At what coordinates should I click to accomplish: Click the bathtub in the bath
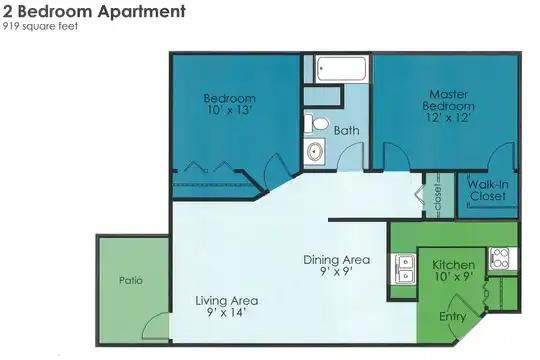[x=341, y=69]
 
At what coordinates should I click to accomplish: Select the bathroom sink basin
[x=314, y=151]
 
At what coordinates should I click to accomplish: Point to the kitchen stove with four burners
[x=501, y=258]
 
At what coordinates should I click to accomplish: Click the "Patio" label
[x=131, y=280]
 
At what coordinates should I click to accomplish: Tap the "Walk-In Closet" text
[x=488, y=190]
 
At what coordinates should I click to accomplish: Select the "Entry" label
[x=453, y=316]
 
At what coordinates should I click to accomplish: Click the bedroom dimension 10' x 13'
[x=229, y=110]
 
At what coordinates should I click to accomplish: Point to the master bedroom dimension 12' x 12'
[x=448, y=117]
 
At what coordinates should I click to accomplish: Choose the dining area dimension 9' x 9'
[x=336, y=271]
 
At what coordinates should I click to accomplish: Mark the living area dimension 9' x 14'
[x=226, y=312]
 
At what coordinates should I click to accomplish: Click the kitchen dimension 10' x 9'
[x=453, y=276]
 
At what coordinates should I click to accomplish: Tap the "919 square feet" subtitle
[x=40, y=26]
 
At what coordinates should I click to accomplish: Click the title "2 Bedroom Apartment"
[x=94, y=11]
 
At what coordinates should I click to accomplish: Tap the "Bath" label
[x=346, y=131]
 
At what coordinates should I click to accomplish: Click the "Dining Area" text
[x=336, y=259]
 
